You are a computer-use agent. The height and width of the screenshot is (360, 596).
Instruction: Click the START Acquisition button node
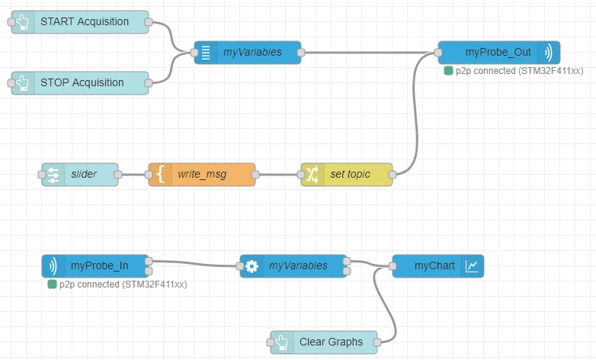(80, 22)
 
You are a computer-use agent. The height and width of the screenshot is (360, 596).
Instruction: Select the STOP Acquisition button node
(80, 83)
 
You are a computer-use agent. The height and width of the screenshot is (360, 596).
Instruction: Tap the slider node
(80, 175)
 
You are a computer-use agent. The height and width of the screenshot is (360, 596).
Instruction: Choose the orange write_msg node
(202, 175)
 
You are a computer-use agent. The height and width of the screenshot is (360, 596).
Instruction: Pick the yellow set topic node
(347, 175)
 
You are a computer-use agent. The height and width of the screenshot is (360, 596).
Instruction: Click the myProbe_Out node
(499, 53)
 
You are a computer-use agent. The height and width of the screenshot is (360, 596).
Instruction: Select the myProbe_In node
(95, 266)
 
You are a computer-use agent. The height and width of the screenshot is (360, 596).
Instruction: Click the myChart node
(438, 266)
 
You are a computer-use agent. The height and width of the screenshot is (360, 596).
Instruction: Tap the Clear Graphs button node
(324, 342)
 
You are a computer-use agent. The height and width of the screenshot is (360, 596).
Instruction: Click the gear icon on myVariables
(252, 266)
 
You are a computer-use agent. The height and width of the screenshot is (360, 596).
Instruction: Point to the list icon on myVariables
(206, 53)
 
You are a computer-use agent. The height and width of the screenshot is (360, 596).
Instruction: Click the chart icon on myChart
(472, 266)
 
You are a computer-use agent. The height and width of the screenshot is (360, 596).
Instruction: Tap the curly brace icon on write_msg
(160, 175)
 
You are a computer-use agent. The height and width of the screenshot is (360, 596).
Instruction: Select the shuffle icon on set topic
(312, 175)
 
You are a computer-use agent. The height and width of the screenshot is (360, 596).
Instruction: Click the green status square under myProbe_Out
(448, 71)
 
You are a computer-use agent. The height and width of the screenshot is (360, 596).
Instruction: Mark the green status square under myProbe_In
(52, 284)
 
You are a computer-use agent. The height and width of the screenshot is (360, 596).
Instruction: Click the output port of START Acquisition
(149, 22)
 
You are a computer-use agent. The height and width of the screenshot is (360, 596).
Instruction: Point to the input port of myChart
(393, 266)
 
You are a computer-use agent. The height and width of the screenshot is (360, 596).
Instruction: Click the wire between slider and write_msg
(133, 175)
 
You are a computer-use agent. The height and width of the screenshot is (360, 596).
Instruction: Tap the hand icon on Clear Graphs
(282, 342)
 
